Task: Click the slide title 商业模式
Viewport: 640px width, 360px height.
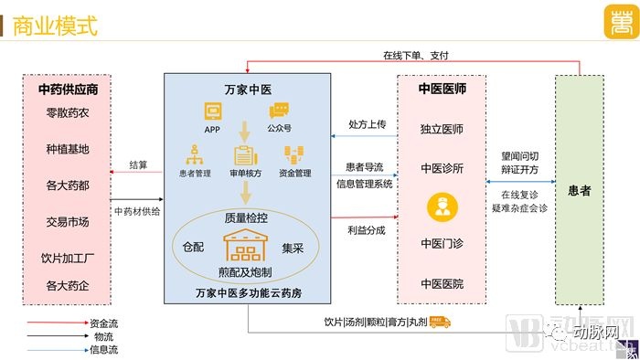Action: tap(55, 26)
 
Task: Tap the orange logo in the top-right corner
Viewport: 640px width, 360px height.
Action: tap(622, 22)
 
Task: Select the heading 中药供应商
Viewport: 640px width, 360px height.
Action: tap(69, 90)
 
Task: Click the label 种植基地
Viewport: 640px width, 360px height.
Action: tap(68, 149)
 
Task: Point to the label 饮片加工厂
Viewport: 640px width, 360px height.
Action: tap(68, 258)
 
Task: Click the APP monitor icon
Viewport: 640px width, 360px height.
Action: tap(213, 111)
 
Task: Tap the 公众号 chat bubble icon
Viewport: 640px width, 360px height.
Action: tap(279, 111)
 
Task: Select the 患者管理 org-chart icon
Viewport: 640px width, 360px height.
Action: tap(195, 155)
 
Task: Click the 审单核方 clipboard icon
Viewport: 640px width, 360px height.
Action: tap(245, 155)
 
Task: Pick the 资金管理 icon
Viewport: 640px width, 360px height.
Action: tap(293, 155)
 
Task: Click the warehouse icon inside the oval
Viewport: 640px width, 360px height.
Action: tap(245, 245)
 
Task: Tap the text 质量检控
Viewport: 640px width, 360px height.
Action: tap(246, 218)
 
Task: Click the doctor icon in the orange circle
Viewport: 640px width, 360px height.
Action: tap(442, 207)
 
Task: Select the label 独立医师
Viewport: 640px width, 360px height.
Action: tap(442, 129)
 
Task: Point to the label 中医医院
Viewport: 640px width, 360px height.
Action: tap(442, 284)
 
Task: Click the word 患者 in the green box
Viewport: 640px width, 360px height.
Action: tap(580, 190)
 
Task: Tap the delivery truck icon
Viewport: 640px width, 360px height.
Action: tap(440, 323)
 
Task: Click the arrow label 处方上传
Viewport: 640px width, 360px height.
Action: tap(367, 124)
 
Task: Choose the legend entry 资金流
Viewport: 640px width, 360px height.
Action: tap(103, 323)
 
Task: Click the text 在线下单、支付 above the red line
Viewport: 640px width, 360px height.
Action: tap(416, 56)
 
